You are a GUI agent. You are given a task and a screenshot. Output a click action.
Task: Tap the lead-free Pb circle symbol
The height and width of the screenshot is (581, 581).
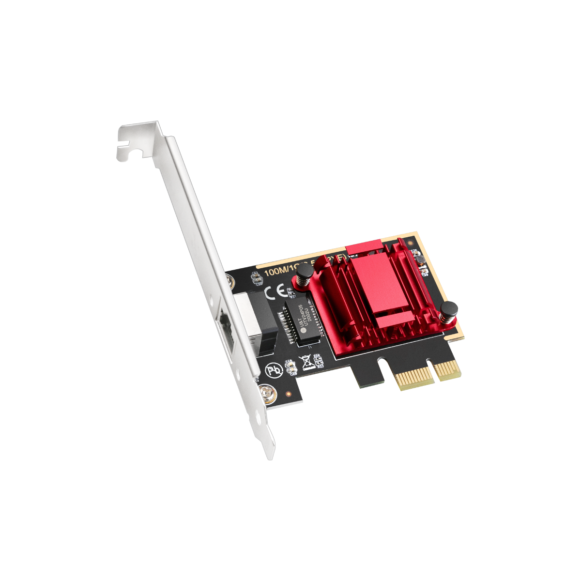[273, 371]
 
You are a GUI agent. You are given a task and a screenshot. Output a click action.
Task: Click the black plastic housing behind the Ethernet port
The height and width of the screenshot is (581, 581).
[257, 320]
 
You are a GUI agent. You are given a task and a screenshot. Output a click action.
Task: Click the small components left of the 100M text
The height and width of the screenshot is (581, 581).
[255, 277]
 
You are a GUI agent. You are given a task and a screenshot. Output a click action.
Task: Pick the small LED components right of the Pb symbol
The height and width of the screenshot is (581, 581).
[290, 368]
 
